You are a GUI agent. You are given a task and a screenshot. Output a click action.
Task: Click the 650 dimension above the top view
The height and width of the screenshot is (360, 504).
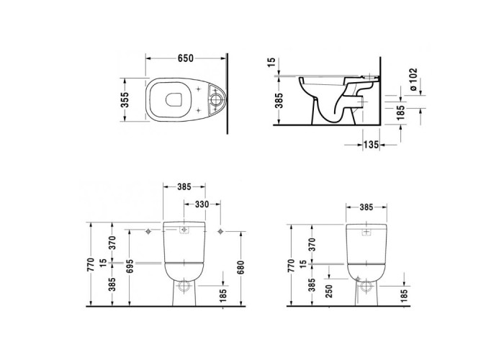coord(186,58)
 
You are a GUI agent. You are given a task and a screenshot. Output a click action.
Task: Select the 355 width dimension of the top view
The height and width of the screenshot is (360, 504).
coord(125,99)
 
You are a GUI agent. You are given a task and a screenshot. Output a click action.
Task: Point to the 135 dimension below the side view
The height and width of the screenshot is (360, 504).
coord(372,145)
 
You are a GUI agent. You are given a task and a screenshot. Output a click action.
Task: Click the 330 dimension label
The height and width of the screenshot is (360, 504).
coord(202,204)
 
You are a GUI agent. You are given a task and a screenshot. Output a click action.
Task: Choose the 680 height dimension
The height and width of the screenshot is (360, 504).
coord(240,268)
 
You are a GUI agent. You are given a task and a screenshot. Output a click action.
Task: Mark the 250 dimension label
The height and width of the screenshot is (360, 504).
coord(329,291)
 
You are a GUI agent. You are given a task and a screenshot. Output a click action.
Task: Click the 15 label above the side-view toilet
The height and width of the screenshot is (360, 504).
coord(271,63)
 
